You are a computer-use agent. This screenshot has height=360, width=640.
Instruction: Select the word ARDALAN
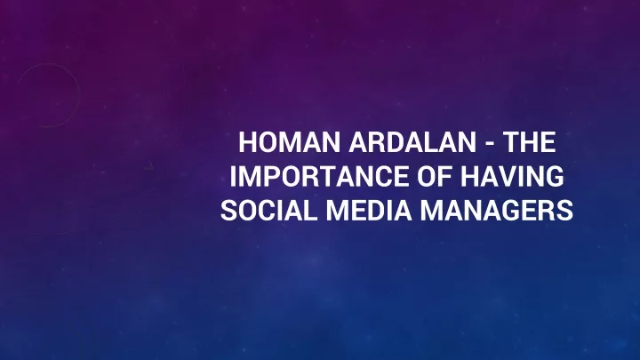pos(412,142)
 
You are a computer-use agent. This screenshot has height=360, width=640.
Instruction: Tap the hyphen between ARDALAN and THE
pos(490,144)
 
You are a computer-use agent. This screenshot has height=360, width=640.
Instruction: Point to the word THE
pos(529,142)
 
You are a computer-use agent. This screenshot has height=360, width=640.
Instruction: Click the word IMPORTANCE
pos(320,176)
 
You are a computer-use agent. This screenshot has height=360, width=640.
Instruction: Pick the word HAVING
pos(512,176)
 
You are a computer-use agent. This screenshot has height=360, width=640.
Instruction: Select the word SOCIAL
pos(268,211)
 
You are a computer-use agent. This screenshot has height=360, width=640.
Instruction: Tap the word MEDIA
pos(369,211)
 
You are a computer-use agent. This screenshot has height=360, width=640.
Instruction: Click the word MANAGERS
pos(497,211)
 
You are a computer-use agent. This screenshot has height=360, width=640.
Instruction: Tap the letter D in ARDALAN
pos(392,142)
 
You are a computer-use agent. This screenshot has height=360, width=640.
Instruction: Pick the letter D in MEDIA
pos(377,211)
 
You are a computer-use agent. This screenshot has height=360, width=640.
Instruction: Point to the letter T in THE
pos(511,142)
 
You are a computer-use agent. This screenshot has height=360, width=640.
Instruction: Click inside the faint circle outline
pos(80,95)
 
